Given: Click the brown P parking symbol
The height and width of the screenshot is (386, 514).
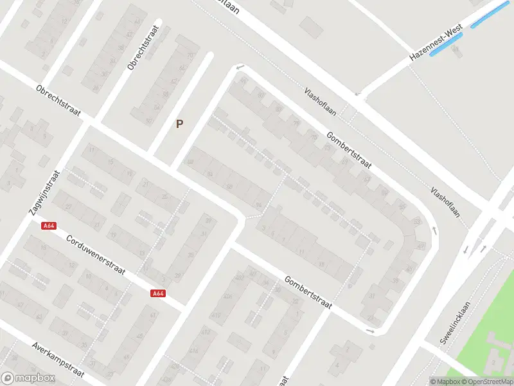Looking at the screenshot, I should (x=180, y=124).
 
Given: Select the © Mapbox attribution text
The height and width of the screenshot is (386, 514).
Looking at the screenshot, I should (x=445, y=381).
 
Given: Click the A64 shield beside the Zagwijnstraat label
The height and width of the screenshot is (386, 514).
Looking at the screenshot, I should (x=48, y=225).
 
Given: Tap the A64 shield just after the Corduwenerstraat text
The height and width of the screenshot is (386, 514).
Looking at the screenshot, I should (x=158, y=293).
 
